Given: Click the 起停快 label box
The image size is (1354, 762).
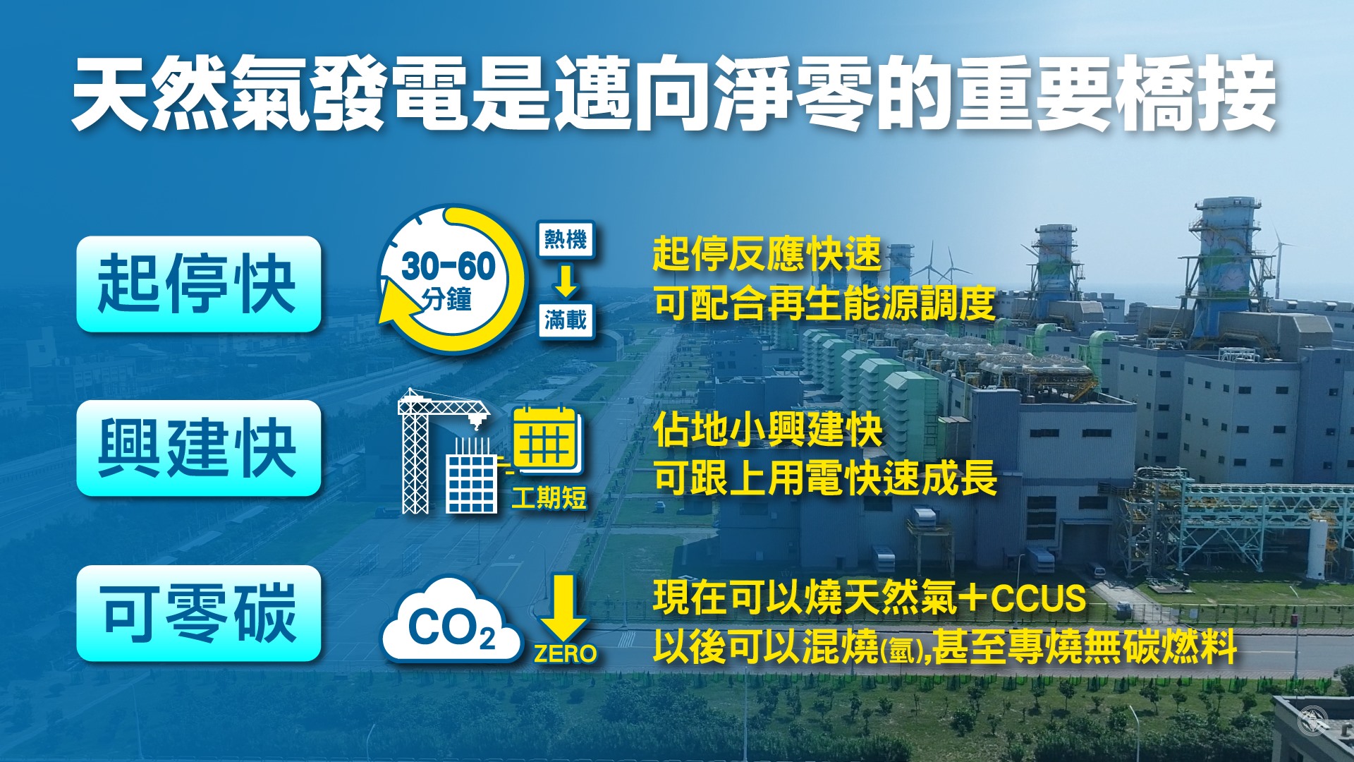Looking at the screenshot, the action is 199,284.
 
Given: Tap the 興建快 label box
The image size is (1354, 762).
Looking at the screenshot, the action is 199,448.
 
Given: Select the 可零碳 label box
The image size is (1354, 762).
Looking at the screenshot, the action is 199,613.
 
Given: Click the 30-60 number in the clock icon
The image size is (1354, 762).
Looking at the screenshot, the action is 449,267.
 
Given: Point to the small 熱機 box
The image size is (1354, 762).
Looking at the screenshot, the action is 566,241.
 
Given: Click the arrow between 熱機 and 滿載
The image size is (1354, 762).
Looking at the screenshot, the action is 566,281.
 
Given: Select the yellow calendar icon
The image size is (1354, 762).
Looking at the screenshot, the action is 547,441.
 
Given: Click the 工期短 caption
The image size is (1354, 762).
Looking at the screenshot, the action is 549,498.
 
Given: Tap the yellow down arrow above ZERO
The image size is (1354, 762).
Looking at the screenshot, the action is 563,607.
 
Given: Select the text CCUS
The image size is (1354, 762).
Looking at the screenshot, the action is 1038,598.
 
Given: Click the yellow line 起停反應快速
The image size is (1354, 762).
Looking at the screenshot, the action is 767,254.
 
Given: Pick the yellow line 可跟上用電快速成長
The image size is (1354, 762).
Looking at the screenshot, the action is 825,478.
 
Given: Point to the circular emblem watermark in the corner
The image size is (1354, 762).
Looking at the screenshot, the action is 1313,721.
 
